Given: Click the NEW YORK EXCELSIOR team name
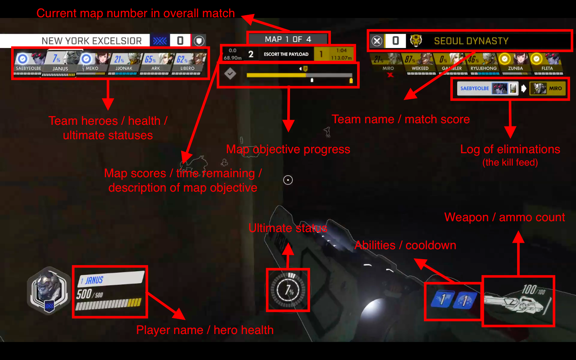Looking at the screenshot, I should (x=92, y=41).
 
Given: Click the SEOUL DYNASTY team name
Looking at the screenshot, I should (x=471, y=41).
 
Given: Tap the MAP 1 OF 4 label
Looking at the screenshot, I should (x=288, y=39).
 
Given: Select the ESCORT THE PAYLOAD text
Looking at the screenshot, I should (x=286, y=54).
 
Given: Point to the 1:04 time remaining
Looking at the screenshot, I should (x=341, y=50).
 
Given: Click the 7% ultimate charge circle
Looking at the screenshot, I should (x=288, y=290).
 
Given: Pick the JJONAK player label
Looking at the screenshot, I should (x=124, y=68).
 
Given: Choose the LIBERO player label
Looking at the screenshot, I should (x=187, y=68).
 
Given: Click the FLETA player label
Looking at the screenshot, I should (x=547, y=68).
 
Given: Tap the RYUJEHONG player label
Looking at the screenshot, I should (x=484, y=68).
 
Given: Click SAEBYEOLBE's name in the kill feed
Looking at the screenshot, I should (x=474, y=88).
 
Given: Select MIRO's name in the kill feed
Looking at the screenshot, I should (x=555, y=88).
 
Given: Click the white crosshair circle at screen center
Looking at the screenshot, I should (x=288, y=180).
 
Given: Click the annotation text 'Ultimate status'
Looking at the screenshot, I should (x=288, y=228).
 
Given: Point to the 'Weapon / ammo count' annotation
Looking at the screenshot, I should (x=504, y=217).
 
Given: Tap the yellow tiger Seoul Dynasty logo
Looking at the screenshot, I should (x=416, y=41).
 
